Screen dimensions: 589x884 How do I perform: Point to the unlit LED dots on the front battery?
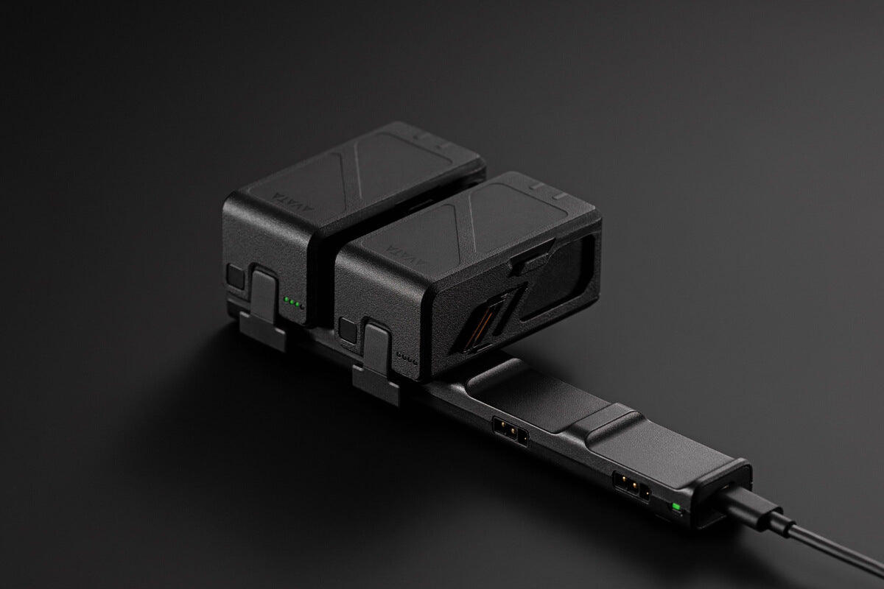[x=407, y=359]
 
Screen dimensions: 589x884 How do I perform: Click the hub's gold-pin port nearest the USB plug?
[x=630, y=487]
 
